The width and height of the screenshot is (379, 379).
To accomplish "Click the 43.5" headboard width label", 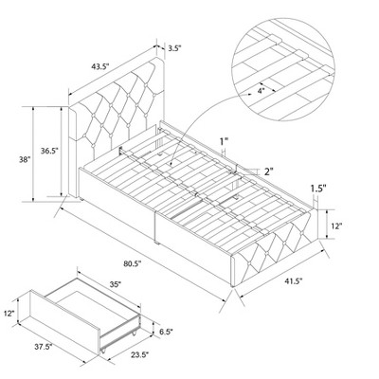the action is pyautogui.click(x=99, y=66).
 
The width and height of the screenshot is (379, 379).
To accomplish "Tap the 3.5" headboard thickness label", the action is pyautogui.click(x=174, y=48).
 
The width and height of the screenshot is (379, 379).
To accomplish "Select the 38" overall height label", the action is pyautogui.click(x=24, y=159).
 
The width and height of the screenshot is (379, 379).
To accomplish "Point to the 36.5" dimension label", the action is pyautogui.click(x=49, y=151).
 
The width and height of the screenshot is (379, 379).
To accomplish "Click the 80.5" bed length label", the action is pyautogui.click(x=133, y=263).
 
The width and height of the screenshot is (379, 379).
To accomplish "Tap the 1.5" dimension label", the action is pyautogui.click(x=318, y=189).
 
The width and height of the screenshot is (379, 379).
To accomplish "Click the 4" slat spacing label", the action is pyautogui.click(x=261, y=92).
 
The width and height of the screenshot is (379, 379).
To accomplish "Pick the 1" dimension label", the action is pyautogui.click(x=224, y=141).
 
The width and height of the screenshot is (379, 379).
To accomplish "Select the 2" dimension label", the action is pyautogui.click(x=268, y=171).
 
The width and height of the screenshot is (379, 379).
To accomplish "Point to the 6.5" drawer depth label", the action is pyautogui.click(x=167, y=332).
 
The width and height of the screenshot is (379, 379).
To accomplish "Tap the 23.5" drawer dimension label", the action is pyautogui.click(x=139, y=355).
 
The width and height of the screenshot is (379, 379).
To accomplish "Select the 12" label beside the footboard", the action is pyautogui.click(x=337, y=226).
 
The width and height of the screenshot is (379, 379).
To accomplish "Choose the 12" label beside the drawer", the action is pyautogui.click(x=9, y=314).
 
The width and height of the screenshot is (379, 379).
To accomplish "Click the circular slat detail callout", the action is pyautogui.click(x=282, y=69).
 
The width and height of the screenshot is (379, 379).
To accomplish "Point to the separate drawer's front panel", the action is pyautogui.click(x=65, y=318).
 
